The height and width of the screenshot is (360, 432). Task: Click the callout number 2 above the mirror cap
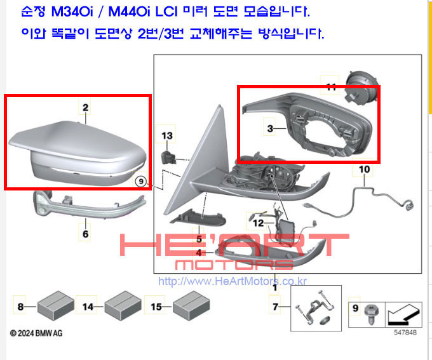85,107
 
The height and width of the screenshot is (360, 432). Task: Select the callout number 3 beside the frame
270,128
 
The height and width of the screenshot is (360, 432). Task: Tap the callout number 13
167,135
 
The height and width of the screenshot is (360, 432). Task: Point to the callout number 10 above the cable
364,169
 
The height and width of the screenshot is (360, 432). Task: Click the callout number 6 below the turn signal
85,234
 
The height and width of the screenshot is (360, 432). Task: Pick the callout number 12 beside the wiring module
258,223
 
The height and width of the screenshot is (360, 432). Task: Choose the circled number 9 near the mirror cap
141,182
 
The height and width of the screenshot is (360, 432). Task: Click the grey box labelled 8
56,306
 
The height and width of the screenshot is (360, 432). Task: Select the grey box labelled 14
123,306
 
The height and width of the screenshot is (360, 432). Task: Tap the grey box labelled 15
191,306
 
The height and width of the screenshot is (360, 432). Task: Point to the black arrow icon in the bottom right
403,315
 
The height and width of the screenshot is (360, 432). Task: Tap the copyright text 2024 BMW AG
36,333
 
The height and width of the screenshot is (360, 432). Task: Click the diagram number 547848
405,333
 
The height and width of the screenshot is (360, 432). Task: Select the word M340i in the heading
72,11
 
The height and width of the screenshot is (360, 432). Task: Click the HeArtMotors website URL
233,281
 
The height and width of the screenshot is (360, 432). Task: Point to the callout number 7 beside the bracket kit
275,307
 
